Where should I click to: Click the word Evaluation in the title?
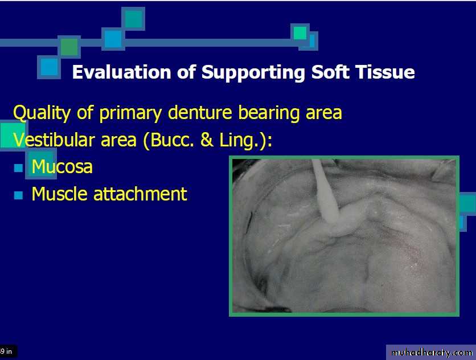pyautogui.click(x=122, y=72)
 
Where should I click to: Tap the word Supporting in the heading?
pyautogui.click(x=253, y=73)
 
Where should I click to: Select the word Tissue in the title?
pyautogui.click(x=385, y=72)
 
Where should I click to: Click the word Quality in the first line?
pyautogui.click(x=42, y=113)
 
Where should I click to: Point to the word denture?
pyautogui.click(x=200, y=112)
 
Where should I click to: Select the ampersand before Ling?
pyautogui.click(x=207, y=140)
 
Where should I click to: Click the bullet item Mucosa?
pyautogui.click(x=62, y=166)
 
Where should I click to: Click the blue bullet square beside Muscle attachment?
pyautogui.click(x=19, y=195)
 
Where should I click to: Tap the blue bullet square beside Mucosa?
pyautogui.click(x=19, y=168)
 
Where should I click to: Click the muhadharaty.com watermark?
pyautogui.click(x=432, y=353)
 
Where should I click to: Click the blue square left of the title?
pyautogui.click(x=49, y=67)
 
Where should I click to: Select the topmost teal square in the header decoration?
pyautogui.click(x=133, y=19)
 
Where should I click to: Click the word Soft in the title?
pyautogui.click(x=330, y=72)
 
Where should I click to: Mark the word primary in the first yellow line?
pyautogui.click(x=130, y=113)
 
